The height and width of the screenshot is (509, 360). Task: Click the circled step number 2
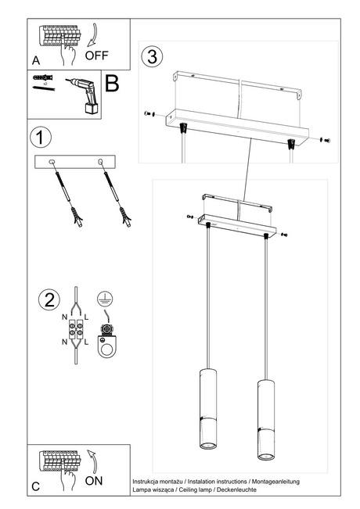[x=49, y=300]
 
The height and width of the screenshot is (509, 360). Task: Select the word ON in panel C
[x=93, y=481]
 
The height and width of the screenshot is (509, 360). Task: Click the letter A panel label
[x=35, y=60]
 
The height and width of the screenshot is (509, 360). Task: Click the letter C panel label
[x=35, y=486]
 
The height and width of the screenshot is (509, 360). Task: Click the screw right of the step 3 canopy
[x=326, y=138]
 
